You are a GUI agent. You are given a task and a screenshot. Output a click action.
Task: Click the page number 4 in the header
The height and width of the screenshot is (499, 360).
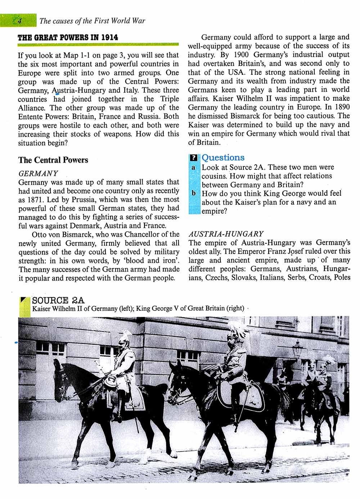pyautogui.click(x=19, y=21)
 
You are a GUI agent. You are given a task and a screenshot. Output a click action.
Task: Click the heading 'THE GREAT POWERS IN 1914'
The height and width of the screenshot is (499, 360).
pyautogui.click(x=68, y=37)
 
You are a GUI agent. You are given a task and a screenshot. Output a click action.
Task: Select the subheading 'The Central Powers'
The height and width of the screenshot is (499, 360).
pyautogui.click(x=53, y=160)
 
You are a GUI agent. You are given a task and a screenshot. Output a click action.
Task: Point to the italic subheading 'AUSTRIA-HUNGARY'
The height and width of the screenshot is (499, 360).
pyautogui.click(x=226, y=234)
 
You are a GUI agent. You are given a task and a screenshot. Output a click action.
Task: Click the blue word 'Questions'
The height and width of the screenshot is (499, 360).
pyautogui.click(x=223, y=158)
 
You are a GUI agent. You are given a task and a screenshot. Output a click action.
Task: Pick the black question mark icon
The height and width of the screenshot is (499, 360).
pyautogui.click(x=194, y=158)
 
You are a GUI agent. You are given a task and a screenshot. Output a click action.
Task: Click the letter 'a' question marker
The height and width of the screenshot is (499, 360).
pyautogui.click(x=194, y=167)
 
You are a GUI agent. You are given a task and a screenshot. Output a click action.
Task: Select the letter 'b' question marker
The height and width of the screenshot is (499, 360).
pyautogui.click(x=194, y=193)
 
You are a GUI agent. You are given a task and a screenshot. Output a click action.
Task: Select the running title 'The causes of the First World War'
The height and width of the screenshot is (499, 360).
pyautogui.click(x=93, y=21)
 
